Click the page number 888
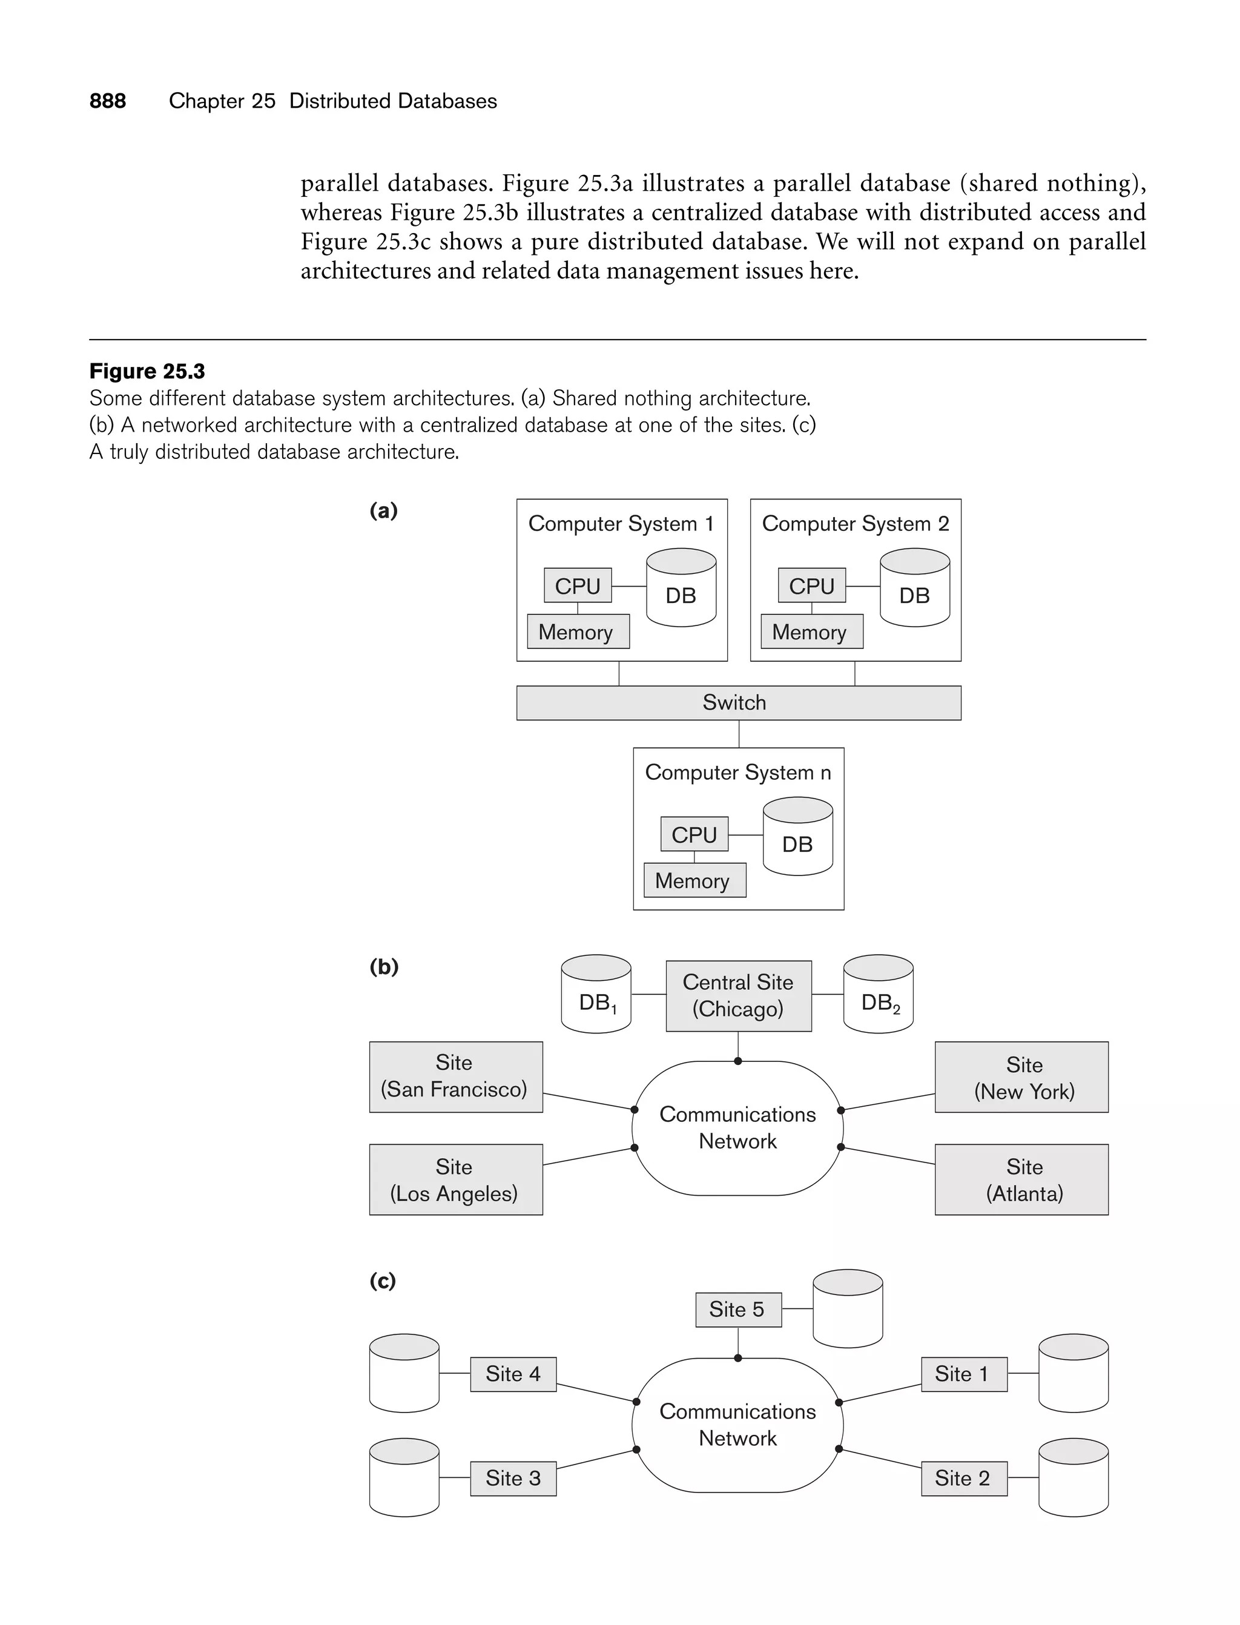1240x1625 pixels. pos(107,101)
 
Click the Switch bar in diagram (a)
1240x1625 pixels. pos(738,702)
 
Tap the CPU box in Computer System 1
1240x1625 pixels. pos(577,586)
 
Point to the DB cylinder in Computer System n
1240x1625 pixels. pos(797,837)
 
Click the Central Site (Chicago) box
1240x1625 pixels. pos(738,995)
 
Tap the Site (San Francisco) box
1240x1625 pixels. pos(455,1076)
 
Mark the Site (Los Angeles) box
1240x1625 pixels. pos(455,1179)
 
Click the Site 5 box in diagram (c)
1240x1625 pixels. pos(738,1309)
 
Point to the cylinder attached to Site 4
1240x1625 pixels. pos(404,1373)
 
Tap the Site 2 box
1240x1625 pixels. pos(963,1478)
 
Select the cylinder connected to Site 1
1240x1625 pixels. pos(1072,1373)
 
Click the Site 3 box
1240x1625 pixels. pos(513,1478)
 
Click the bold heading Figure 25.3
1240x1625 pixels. pos(147,371)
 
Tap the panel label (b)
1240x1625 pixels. pos(384,967)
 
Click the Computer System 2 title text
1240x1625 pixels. pos(855,524)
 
